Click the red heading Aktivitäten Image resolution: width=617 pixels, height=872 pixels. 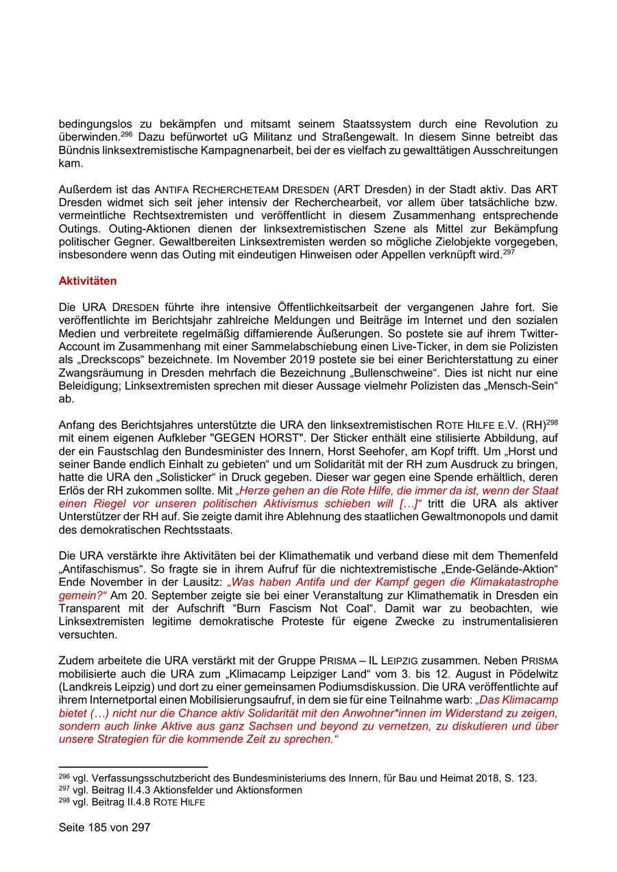[88, 281]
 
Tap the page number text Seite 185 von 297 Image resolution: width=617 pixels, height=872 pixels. [104, 827]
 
